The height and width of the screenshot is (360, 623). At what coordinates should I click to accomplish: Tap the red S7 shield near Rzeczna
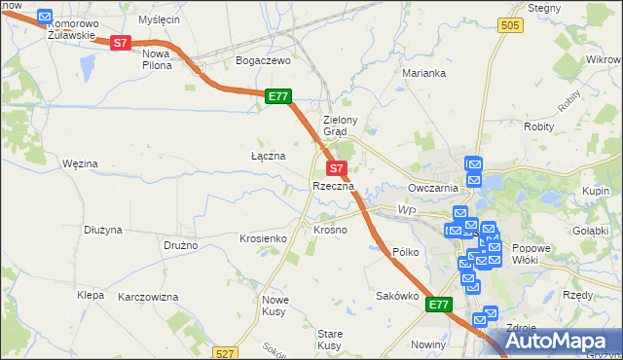333,168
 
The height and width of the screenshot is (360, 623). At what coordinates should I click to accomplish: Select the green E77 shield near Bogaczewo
277,96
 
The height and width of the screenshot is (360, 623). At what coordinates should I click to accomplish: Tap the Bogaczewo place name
264,60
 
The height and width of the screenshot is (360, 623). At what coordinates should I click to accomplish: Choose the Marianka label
424,73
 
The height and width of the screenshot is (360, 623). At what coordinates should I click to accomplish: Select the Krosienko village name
262,238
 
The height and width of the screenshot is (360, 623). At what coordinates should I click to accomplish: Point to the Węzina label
80,163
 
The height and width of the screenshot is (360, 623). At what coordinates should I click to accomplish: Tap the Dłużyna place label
102,231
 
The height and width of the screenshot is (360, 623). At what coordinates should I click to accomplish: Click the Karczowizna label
148,296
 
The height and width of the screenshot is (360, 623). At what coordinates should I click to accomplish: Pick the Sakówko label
397,296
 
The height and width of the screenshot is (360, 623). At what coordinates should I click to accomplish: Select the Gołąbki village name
590,231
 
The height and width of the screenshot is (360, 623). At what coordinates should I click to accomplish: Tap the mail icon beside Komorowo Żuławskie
44,17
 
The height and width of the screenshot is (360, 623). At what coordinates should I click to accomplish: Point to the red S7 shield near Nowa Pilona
120,43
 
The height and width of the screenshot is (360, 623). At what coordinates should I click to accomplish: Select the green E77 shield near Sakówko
439,306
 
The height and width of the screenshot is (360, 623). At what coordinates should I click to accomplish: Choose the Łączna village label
268,156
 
